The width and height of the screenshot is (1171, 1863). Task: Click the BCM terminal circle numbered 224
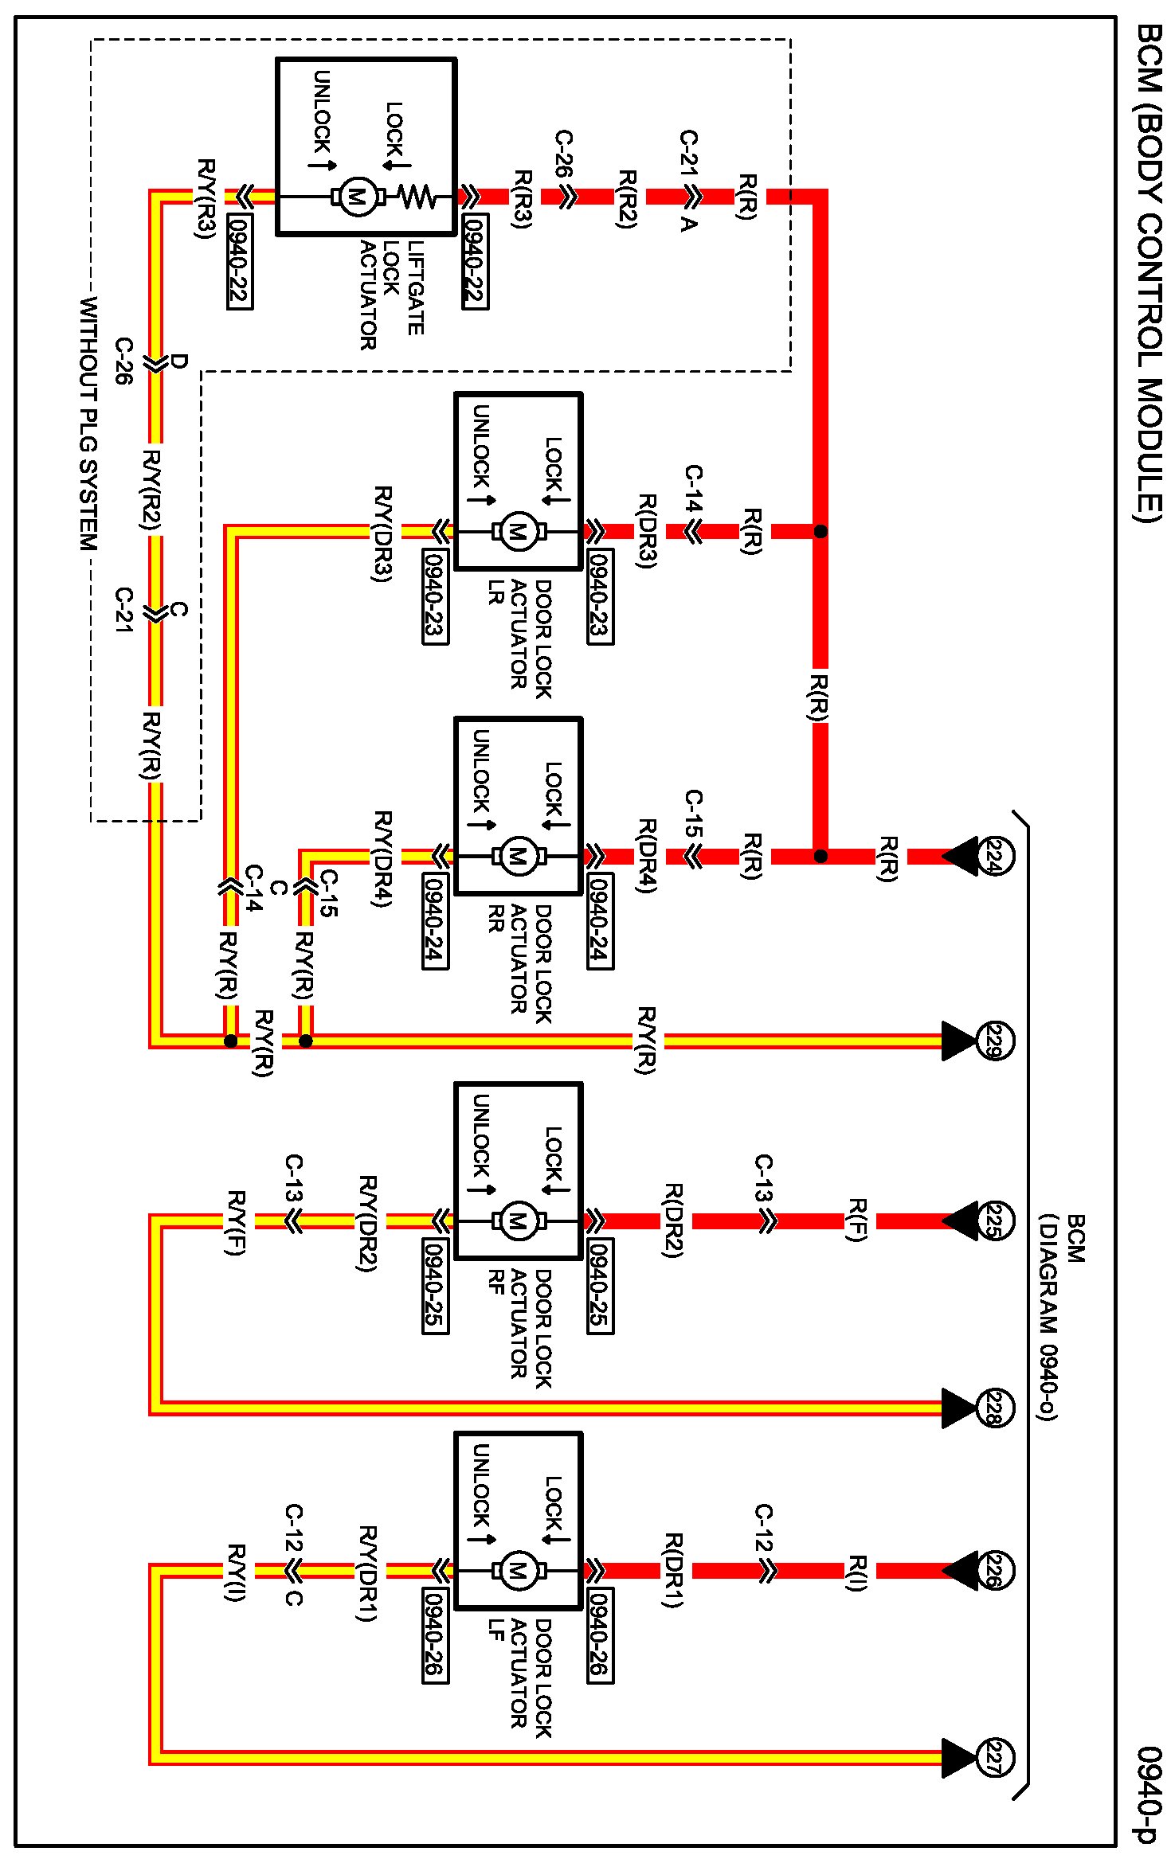click(993, 857)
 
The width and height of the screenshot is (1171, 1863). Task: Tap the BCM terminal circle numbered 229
click(993, 1041)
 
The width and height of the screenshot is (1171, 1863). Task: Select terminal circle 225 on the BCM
click(993, 1221)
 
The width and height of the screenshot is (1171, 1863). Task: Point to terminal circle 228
click(993, 1408)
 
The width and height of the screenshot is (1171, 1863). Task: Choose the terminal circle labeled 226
click(993, 1571)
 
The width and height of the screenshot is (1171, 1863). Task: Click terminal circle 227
click(993, 1758)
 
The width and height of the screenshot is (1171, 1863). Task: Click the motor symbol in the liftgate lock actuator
click(358, 196)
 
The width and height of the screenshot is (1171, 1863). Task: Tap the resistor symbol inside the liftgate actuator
click(417, 196)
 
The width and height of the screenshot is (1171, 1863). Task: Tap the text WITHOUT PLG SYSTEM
click(88, 424)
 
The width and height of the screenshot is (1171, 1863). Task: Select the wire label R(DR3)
click(647, 531)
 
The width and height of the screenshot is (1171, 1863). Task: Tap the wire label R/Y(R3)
click(206, 198)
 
